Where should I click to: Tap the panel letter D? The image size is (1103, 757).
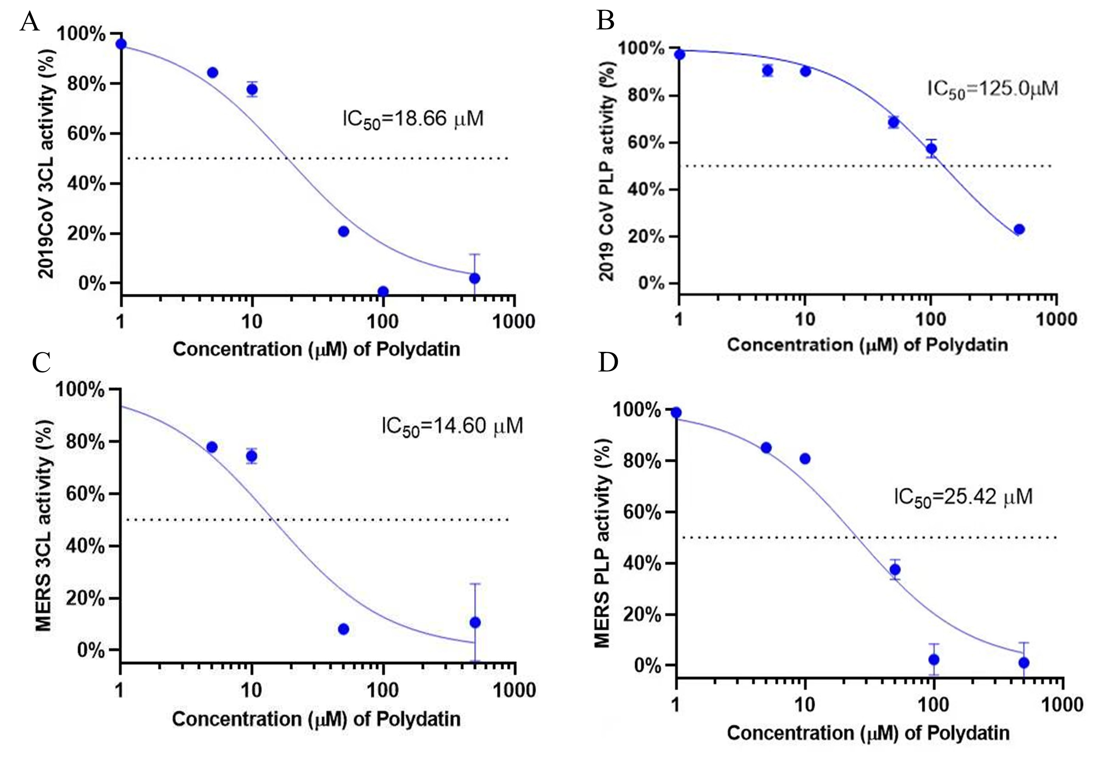[x=608, y=363]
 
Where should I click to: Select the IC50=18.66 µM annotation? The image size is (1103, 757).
[x=413, y=118]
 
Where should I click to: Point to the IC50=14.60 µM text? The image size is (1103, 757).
[x=452, y=426]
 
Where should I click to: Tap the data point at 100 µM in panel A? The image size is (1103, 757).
[x=383, y=291]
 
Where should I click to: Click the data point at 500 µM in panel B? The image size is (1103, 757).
[x=1019, y=230]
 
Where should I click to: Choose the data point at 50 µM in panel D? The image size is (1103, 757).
[x=895, y=569]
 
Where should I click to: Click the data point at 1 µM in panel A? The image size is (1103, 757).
[x=121, y=44]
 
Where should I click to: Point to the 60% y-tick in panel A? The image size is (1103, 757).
[x=86, y=134]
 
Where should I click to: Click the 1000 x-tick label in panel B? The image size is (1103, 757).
[x=1056, y=319]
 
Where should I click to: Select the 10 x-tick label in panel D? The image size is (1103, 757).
[x=805, y=705]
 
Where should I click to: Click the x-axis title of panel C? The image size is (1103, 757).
[x=316, y=719]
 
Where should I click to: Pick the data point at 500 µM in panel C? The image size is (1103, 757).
[x=475, y=622]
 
